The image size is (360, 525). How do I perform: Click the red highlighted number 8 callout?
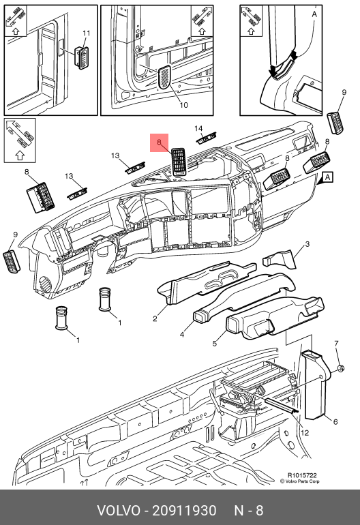pyautogui.click(x=159, y=142)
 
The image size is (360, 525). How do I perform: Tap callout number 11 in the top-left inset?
pyautogui.click(x=87, y=33)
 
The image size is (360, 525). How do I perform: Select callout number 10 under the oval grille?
pyautogui.click(x=183, y=105)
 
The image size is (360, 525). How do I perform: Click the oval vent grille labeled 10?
pyautogui.click(x=164, y=77)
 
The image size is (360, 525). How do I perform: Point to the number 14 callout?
pyautogui.click(x=198, y=129)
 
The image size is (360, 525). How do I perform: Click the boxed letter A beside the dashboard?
pyautogui.click(x=327, y=177)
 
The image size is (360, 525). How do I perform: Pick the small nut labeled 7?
pyautogui.click(x=340, y=369)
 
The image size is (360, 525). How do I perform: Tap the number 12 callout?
pyautogui.click(x=304, y=432)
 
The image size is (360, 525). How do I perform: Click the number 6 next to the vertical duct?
pyautogui.click(x=335, y=422)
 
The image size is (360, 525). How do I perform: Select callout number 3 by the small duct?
pyautogui.click(x=307, y=244)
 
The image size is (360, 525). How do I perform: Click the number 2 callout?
pyautogui.click(x=155, y=318)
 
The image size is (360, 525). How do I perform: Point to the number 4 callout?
pyautogui.click(x=182, y=335)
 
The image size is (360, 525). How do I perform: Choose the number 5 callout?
pyautogui.click(x=215, y=343)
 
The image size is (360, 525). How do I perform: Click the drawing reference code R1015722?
pyautogui.click(x=302, y=475)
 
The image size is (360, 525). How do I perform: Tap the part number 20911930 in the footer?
pyautogui.click(x=185, y=511)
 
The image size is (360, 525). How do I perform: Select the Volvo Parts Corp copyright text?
pyautogui.click(x=300, y=481)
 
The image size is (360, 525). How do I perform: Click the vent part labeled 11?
pyautogui.click(x=81, y=57)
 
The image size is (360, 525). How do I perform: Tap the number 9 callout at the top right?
pyautogui.click(x=344, y=92)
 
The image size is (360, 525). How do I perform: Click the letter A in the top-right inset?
pyautogui.click(x=314, y=14)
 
